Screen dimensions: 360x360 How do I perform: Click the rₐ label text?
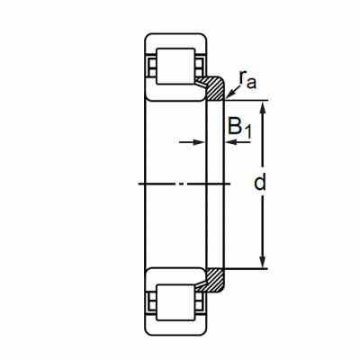click(247, 80)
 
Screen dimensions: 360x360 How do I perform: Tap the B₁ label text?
click(239, 127)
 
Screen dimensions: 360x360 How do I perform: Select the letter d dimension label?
click(260, 184)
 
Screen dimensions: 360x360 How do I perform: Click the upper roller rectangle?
click(175, 66)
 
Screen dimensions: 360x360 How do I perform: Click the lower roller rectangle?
click(175, 303)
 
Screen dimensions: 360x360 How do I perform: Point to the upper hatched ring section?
click(213, 88)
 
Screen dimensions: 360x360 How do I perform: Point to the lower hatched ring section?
click(213, 280)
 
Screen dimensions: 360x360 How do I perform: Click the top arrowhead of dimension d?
click(263, 107)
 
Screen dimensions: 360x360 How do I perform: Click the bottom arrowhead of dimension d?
click(263, 262)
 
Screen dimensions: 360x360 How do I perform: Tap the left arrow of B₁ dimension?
click(192, 142)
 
